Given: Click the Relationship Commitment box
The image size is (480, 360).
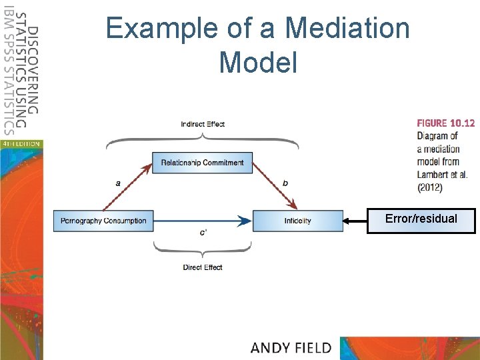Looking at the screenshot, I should pyautogui.click(x=202, y=163).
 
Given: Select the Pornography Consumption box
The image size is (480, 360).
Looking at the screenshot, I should pyautogui.click(x=103, y=221).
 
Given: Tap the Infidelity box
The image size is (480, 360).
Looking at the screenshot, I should pyautogui.click(x=297, y=221).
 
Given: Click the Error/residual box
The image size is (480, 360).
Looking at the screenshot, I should pyautogui.click(x=421, y=219).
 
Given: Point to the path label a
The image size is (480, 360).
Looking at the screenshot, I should pyautogui.click(x=118, y=181).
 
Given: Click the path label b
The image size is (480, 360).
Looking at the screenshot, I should pyautogui.click(x=285, y=181).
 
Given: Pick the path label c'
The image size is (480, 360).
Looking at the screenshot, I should pyautogui.click(x=203, y=233).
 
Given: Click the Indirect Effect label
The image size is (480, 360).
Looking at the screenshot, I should pyautogui.click(x=203, y=124).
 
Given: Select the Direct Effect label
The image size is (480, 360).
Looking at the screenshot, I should pyautogui.click(x=203, y=267).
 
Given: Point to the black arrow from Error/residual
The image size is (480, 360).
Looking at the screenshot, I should pyautogui.click(x=355, y=220).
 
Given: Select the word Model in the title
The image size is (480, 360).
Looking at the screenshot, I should pyautogui.click(x=257, y=63).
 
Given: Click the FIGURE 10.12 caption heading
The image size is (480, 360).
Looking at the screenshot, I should pyautogui.click(x=446, y=123).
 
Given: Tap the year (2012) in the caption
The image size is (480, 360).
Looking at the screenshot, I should pyautogui.click(x=430, y=187).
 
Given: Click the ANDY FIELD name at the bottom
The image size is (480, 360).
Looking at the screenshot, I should pyautogui.click(x=291, y=347).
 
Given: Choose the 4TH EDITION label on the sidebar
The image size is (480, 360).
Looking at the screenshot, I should pyautogui.click(x=21, y=143).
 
